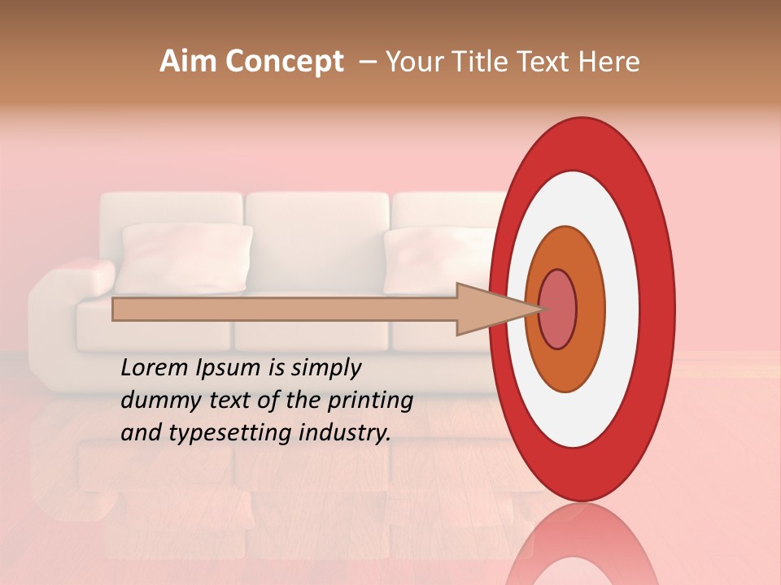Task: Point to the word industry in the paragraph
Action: (x=343, y=433)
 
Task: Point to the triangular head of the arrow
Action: (x=488, y=309)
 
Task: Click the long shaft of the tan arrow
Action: (x=285, y=309)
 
